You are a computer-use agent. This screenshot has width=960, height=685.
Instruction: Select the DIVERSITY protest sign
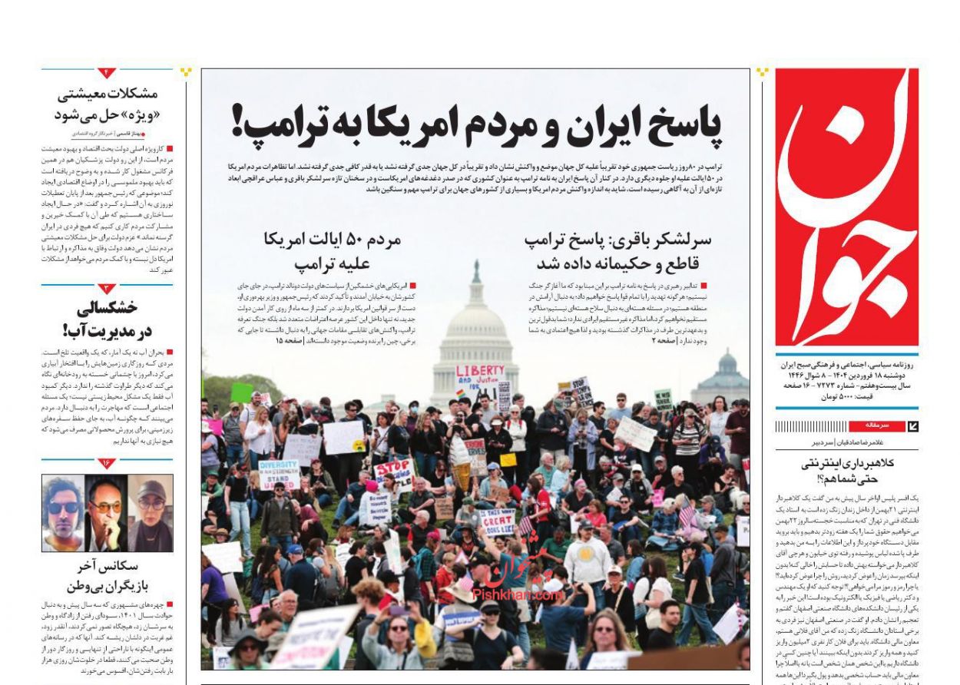279,474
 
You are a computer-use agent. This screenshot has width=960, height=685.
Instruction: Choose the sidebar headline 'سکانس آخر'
108,568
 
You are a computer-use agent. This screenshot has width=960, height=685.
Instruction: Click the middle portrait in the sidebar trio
106,512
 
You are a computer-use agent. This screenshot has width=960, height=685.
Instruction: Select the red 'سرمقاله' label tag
877,424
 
